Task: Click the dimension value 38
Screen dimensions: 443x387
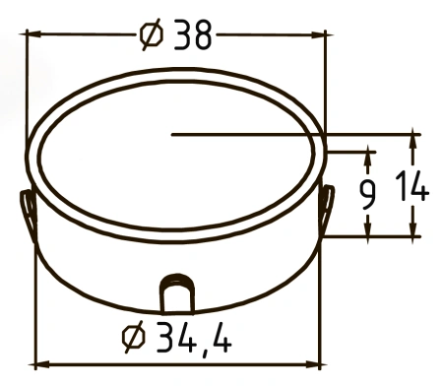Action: (193, 34)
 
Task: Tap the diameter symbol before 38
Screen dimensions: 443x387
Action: (152, 33)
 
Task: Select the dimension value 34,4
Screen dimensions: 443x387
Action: (194, 338)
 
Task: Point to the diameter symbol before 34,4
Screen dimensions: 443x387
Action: (133, 337)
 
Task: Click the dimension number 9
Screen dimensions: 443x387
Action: (367, 195)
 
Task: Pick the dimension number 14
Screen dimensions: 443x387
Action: (412, 187)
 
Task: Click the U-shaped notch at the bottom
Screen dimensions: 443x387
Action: (177, 293)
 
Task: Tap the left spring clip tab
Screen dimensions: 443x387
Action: (29, 215)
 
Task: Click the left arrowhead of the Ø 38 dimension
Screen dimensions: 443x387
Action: (33, 33)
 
